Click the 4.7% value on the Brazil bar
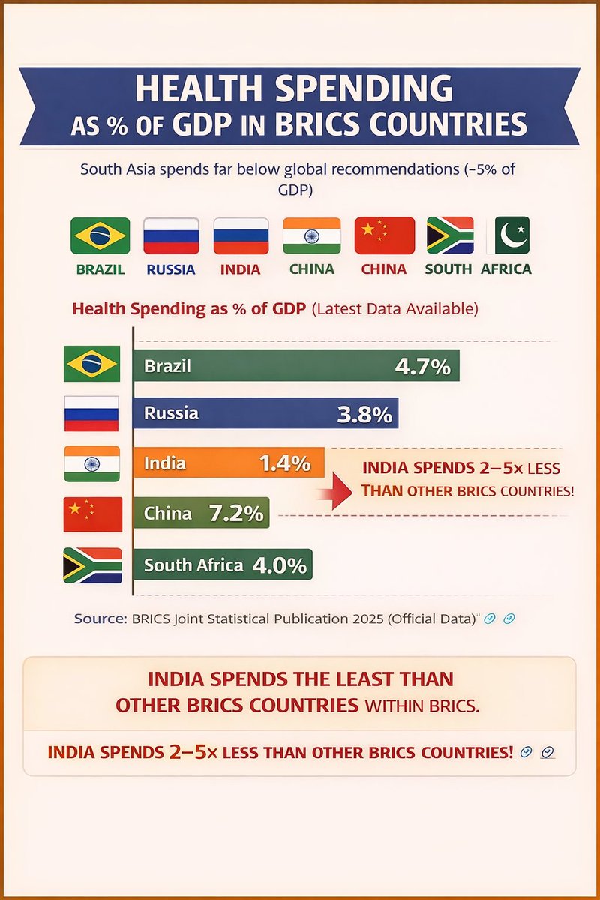click(421, 367)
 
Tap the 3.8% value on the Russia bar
click(364, 414)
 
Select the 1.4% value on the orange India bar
click(284, 463)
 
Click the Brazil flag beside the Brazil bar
click(91, 364)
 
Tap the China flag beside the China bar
click(91, 514)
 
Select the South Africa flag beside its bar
click(91, 565)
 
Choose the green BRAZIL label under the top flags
click(100, 268)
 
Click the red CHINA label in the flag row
click(384, 268)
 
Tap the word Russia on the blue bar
click(171, 413)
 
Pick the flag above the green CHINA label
click(311, 235)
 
